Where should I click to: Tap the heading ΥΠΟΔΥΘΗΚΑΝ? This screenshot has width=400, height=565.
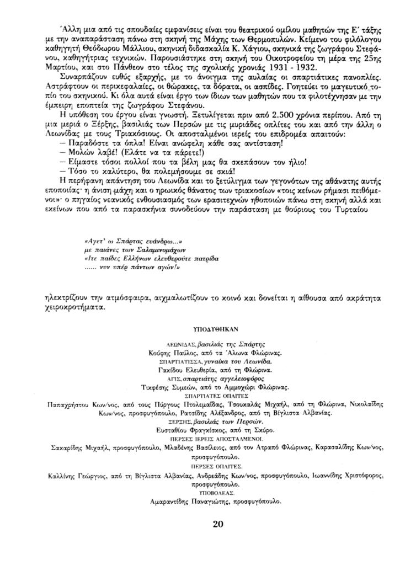[x=216, y=327]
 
